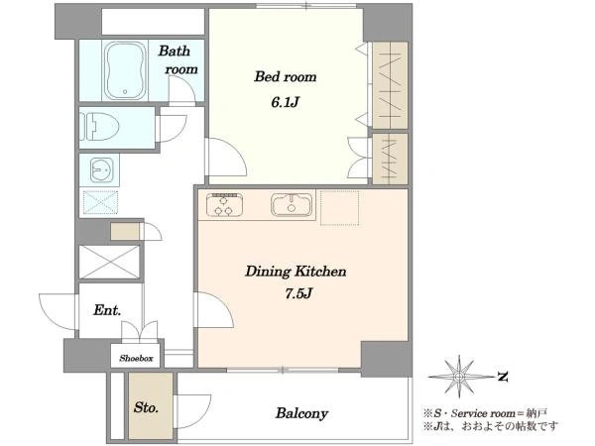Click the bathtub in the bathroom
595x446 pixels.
point(125,70)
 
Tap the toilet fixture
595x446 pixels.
point(99,126)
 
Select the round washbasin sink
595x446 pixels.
point(102,169)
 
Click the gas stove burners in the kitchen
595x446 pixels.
point(224,205)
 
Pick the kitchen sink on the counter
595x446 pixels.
point(292,205)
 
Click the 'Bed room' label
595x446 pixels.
point(286,77)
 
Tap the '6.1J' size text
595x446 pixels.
point(286,102)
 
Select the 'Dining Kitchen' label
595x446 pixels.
point(296,272)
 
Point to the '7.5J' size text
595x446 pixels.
point(298,293)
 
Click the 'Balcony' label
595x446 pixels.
point(301,413)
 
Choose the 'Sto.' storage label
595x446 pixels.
point(146,407)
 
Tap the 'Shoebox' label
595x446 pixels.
point(136,358)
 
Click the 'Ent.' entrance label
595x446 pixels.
point(107,310)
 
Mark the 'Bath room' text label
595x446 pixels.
point(178,59)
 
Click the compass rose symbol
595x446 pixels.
point(459,377)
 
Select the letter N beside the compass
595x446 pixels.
point(503,377)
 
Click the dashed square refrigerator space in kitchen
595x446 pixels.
point(339,208)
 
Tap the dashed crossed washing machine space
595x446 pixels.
point(100,202)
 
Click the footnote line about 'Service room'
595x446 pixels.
point(485,413)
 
